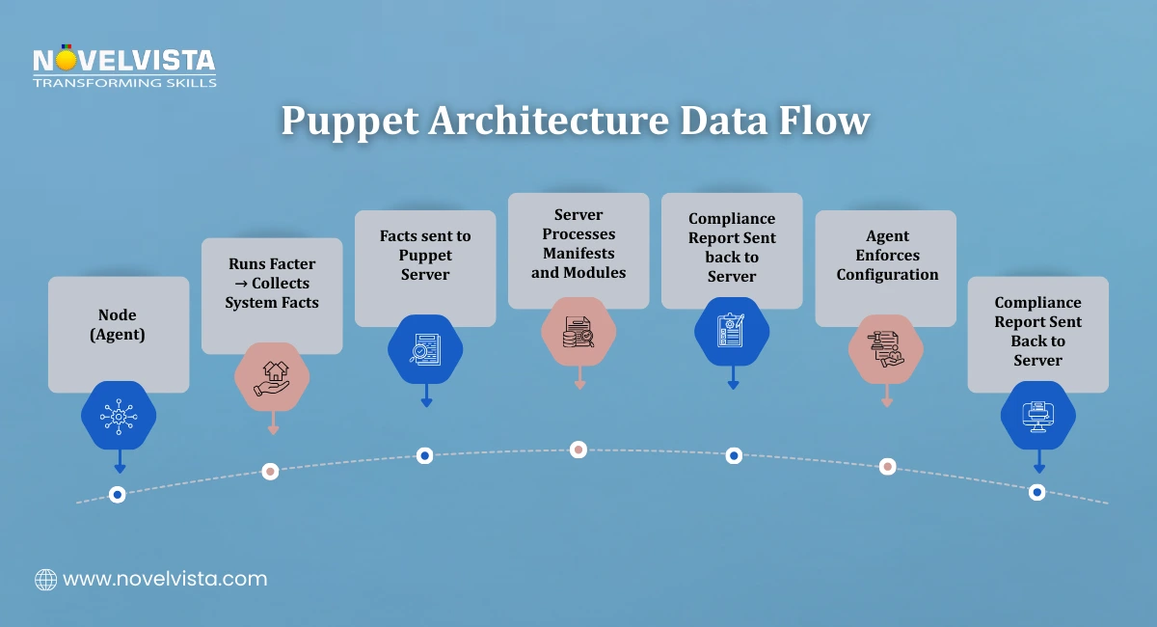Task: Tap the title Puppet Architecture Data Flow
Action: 576,123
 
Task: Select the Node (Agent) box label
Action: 118,324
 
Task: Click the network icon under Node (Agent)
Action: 119,416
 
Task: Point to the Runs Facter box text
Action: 272,283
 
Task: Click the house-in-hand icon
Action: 272,377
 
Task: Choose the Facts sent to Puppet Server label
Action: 425,255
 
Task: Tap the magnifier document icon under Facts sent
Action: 425,349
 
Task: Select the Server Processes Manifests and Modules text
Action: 578,243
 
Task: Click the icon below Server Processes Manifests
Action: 578,332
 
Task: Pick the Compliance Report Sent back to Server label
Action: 732,248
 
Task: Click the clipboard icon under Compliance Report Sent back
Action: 732,331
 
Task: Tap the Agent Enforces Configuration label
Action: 887,255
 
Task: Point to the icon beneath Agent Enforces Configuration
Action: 886,349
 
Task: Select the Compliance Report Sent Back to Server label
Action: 1038,331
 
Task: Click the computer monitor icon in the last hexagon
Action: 1037,416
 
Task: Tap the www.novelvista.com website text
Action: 165,579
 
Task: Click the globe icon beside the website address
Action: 45,579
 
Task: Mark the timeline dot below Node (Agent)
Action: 118,494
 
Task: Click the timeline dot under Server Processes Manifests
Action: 578,449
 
